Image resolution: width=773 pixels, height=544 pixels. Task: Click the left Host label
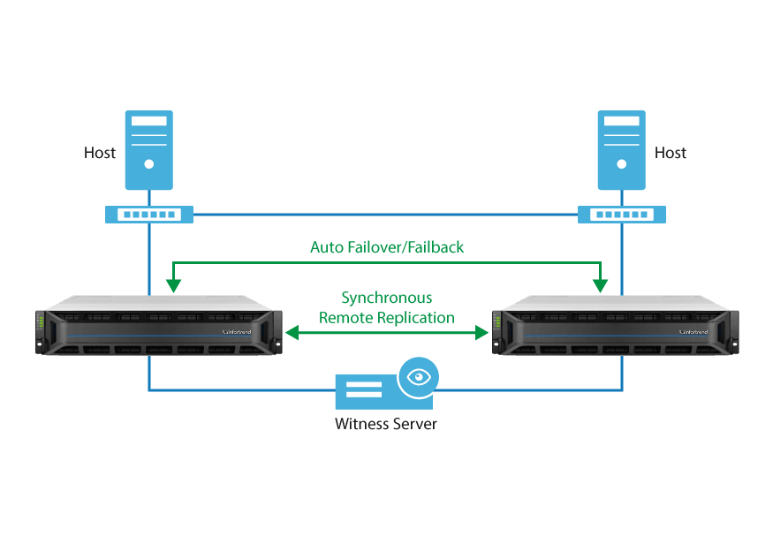100,153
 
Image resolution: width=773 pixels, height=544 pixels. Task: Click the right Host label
671,153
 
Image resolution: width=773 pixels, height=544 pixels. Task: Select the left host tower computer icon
149,149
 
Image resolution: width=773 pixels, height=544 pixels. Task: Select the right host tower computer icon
622,149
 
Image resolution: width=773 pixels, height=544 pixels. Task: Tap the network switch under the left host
149,215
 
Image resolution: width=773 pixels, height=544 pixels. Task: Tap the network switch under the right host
622,215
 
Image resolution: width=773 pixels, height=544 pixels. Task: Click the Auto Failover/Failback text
387,247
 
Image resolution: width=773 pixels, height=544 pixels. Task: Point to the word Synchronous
387,298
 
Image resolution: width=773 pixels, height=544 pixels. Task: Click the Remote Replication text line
387,317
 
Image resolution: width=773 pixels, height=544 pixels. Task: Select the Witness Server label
386,424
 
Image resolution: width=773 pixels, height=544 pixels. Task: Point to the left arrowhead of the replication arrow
288,333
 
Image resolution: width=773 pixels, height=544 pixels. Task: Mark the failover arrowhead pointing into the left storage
174,284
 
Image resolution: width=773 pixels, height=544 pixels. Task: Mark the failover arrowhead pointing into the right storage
601,284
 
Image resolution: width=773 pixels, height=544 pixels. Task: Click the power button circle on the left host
149,164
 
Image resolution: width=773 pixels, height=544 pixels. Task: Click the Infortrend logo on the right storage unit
694,332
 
